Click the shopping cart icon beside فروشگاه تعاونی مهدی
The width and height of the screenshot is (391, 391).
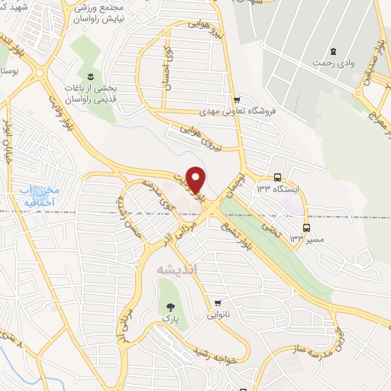pyautogui.click(x=237, y=99)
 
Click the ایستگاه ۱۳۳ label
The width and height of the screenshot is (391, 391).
pyautogui.click(x=277, y=189)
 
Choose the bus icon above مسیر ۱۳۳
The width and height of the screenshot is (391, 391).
pyautogui.click(x=307, y=227)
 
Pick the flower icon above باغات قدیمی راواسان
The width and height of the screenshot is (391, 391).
pyautogui.click(x=90, y=76)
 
